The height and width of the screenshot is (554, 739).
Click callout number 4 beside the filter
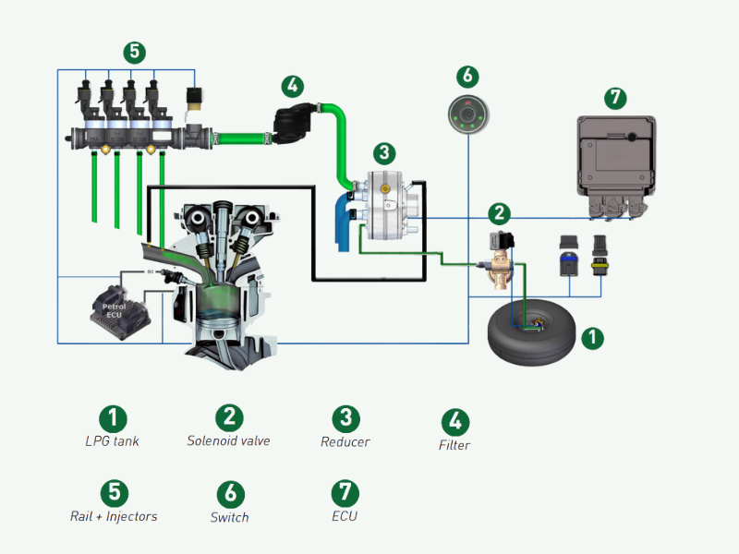point(292,87)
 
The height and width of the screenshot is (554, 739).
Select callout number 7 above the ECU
point(615,97)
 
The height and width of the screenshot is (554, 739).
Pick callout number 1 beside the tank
point(592,338)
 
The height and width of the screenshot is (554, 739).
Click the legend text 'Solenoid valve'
point(228,441)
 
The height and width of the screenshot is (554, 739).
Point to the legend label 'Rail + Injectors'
point(114,516)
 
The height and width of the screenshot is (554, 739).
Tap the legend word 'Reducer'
point(345,442)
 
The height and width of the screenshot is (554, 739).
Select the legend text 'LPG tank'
point(113,441)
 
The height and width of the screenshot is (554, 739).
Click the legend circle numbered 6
point(229,493)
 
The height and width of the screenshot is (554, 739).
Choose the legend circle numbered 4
point(454,421)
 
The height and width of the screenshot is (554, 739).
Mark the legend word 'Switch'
point(229,518)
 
